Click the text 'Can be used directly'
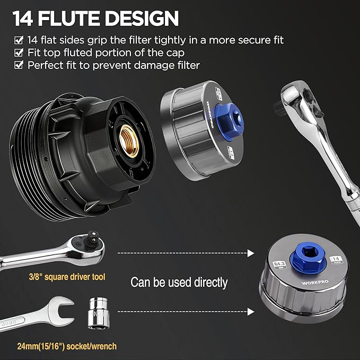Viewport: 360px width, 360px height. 179,282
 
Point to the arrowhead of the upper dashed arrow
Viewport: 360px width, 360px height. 251,253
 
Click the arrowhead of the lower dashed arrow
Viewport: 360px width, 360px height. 251,312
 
